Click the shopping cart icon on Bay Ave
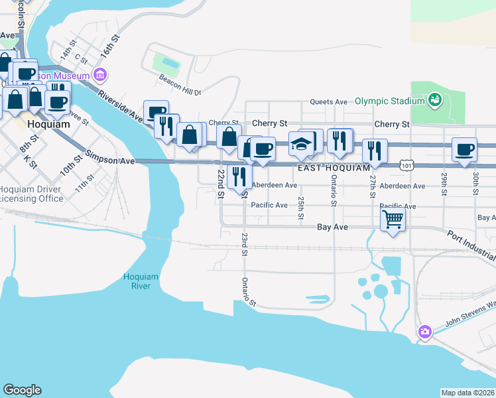(393, 218)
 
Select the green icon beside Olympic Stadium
(434, 101)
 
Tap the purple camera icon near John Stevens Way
(424, 331)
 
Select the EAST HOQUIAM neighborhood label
(334, 168)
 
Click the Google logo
(22, 390)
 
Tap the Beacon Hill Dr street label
(179, 80)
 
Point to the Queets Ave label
(330, 102)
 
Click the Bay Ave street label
(332, 227)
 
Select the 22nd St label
(221, 179)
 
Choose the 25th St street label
(301, 208)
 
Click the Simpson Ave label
(108, 161)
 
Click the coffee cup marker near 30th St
(464, 149)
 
